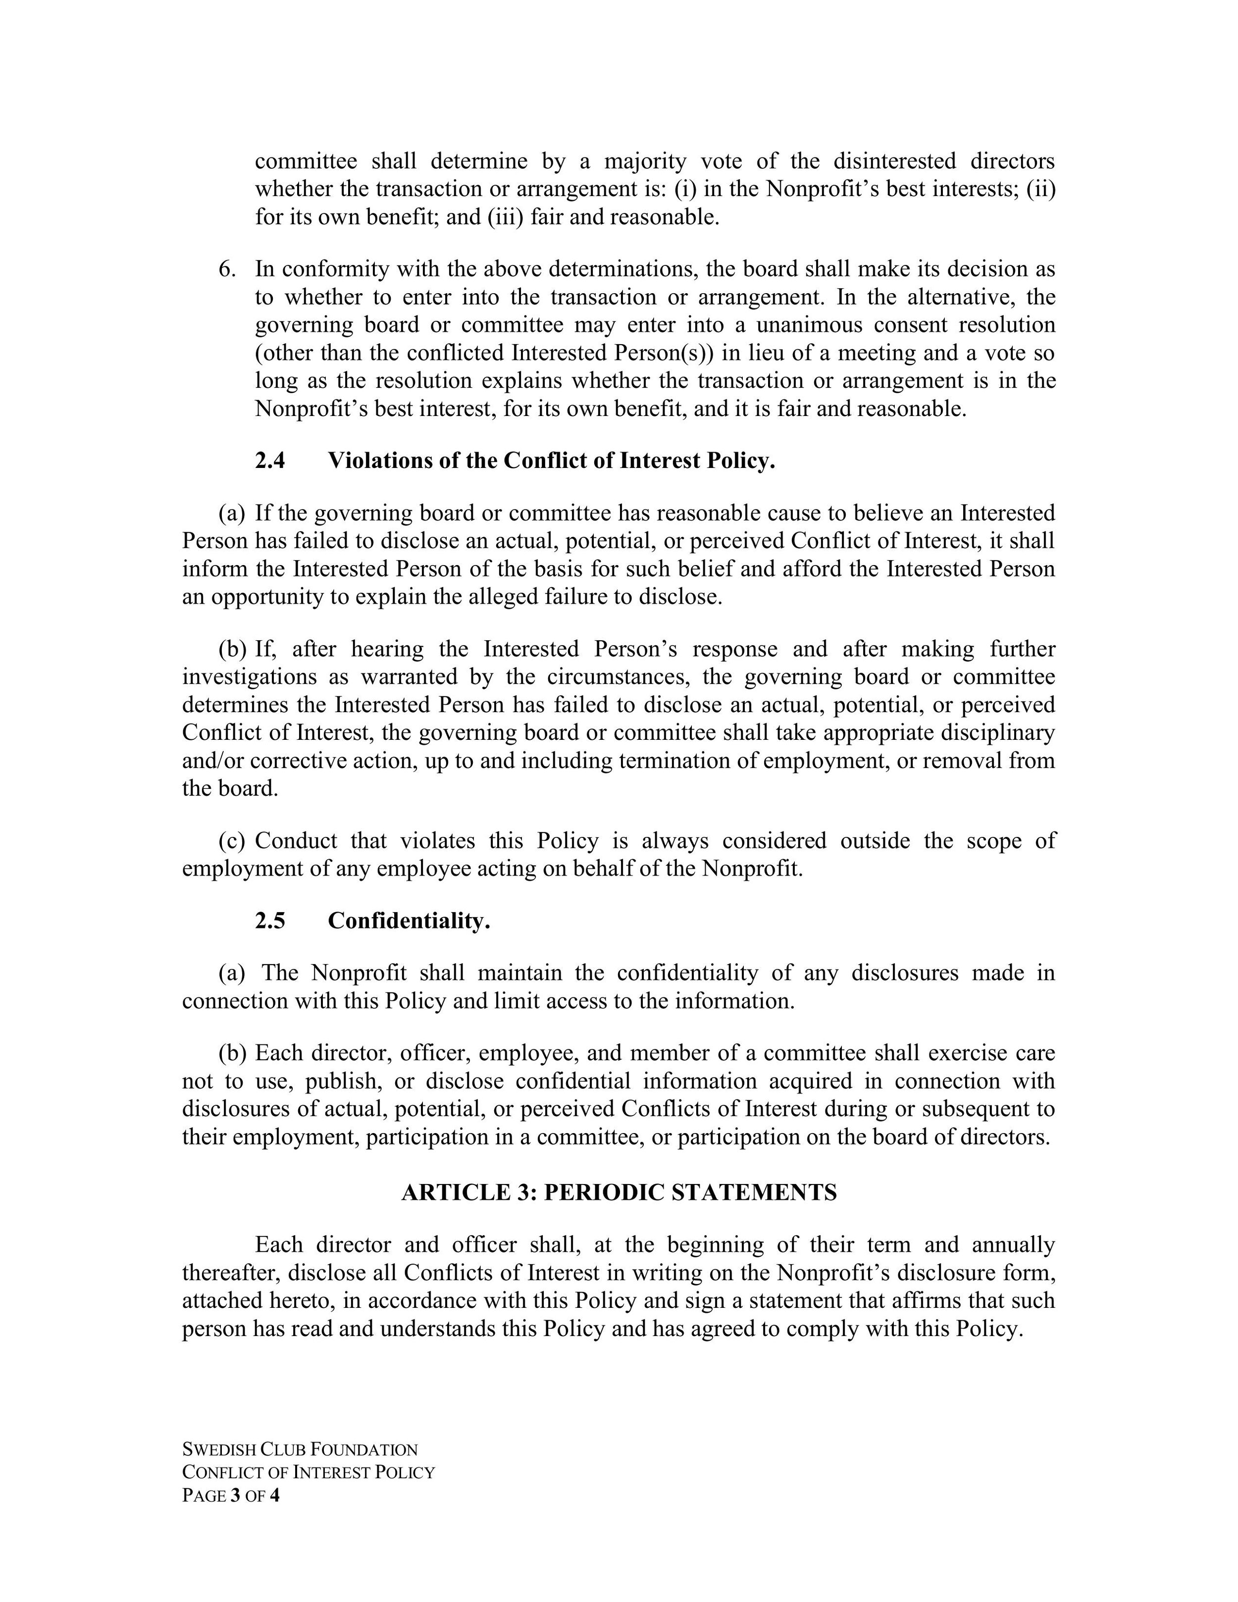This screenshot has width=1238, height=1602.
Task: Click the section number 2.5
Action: pyautogui.click(x=270, y=921)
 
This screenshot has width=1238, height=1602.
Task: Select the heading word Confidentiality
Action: pyautogui.click(x=409, y=921)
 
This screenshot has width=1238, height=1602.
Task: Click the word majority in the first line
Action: pyautogui.click(x=645, y=160)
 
